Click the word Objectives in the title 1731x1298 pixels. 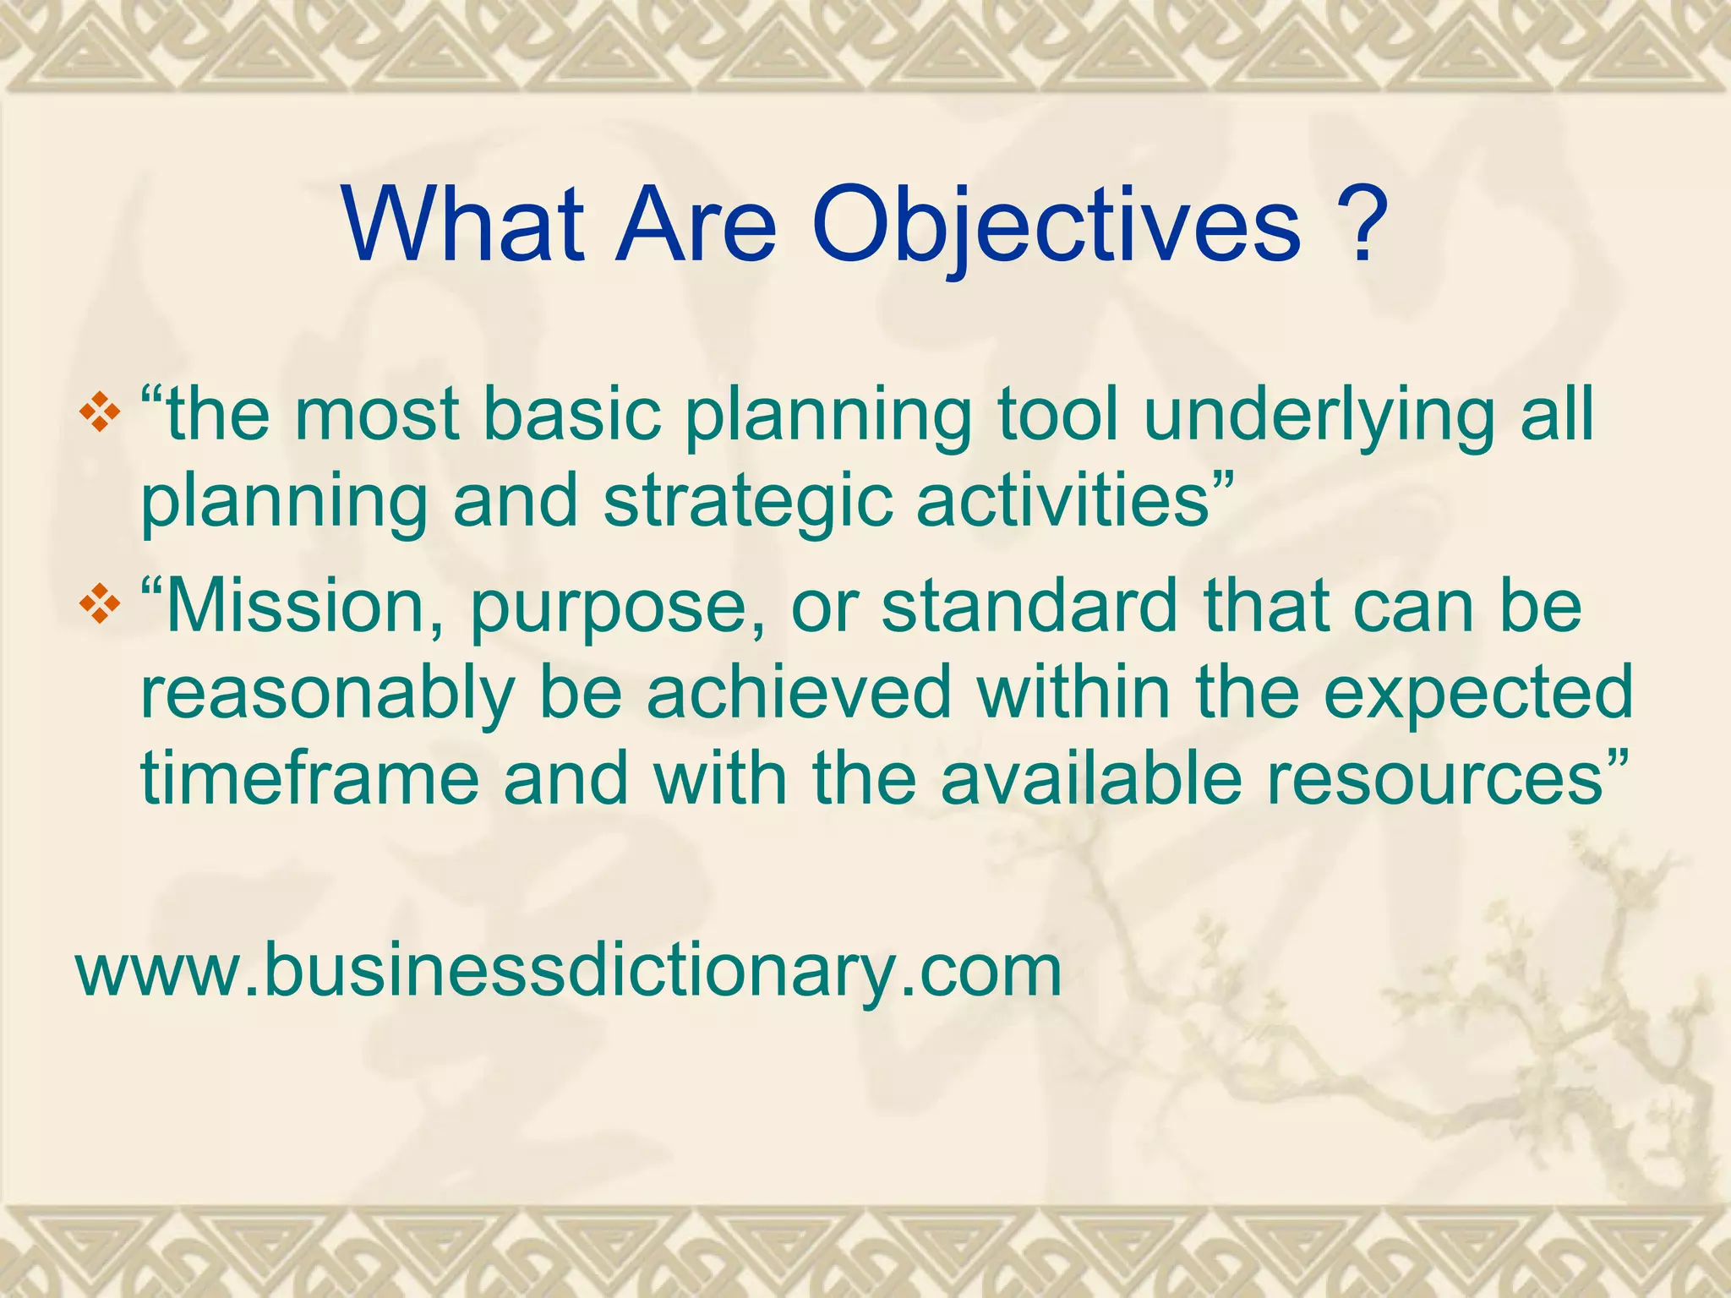click(x=1057, y=225)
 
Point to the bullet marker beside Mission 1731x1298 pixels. click(x=100, y=607)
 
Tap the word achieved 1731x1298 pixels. click(x=800, y=693)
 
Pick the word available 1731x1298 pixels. click(x=1091, y=778)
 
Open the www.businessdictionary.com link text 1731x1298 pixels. click(x=569, y=971)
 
